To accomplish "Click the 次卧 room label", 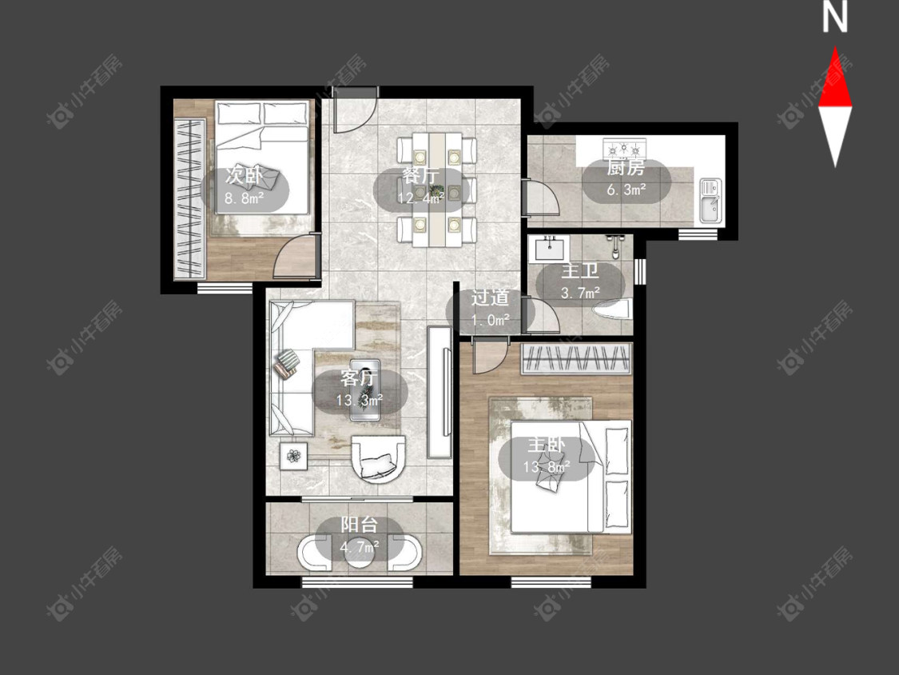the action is tap(244, 176).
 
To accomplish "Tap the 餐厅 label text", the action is tap(421, 176).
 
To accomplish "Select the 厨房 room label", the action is tap(626, 168).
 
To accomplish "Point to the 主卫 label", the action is tap(580, 271).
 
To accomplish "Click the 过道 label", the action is tap(490, 298).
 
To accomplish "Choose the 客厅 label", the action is tap(359, 378).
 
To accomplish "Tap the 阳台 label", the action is tap(360, 525).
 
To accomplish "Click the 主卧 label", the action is tap(547, 445).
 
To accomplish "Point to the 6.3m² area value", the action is tap(627, 190).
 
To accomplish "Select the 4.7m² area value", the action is tap(360, 547).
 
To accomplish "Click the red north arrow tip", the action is tap(835, 48).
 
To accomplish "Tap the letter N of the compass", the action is tap(835, 18).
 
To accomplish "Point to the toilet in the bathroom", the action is tap(613, 310).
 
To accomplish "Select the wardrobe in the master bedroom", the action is tap(576, 359).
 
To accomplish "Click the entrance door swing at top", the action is tap(356, 110).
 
